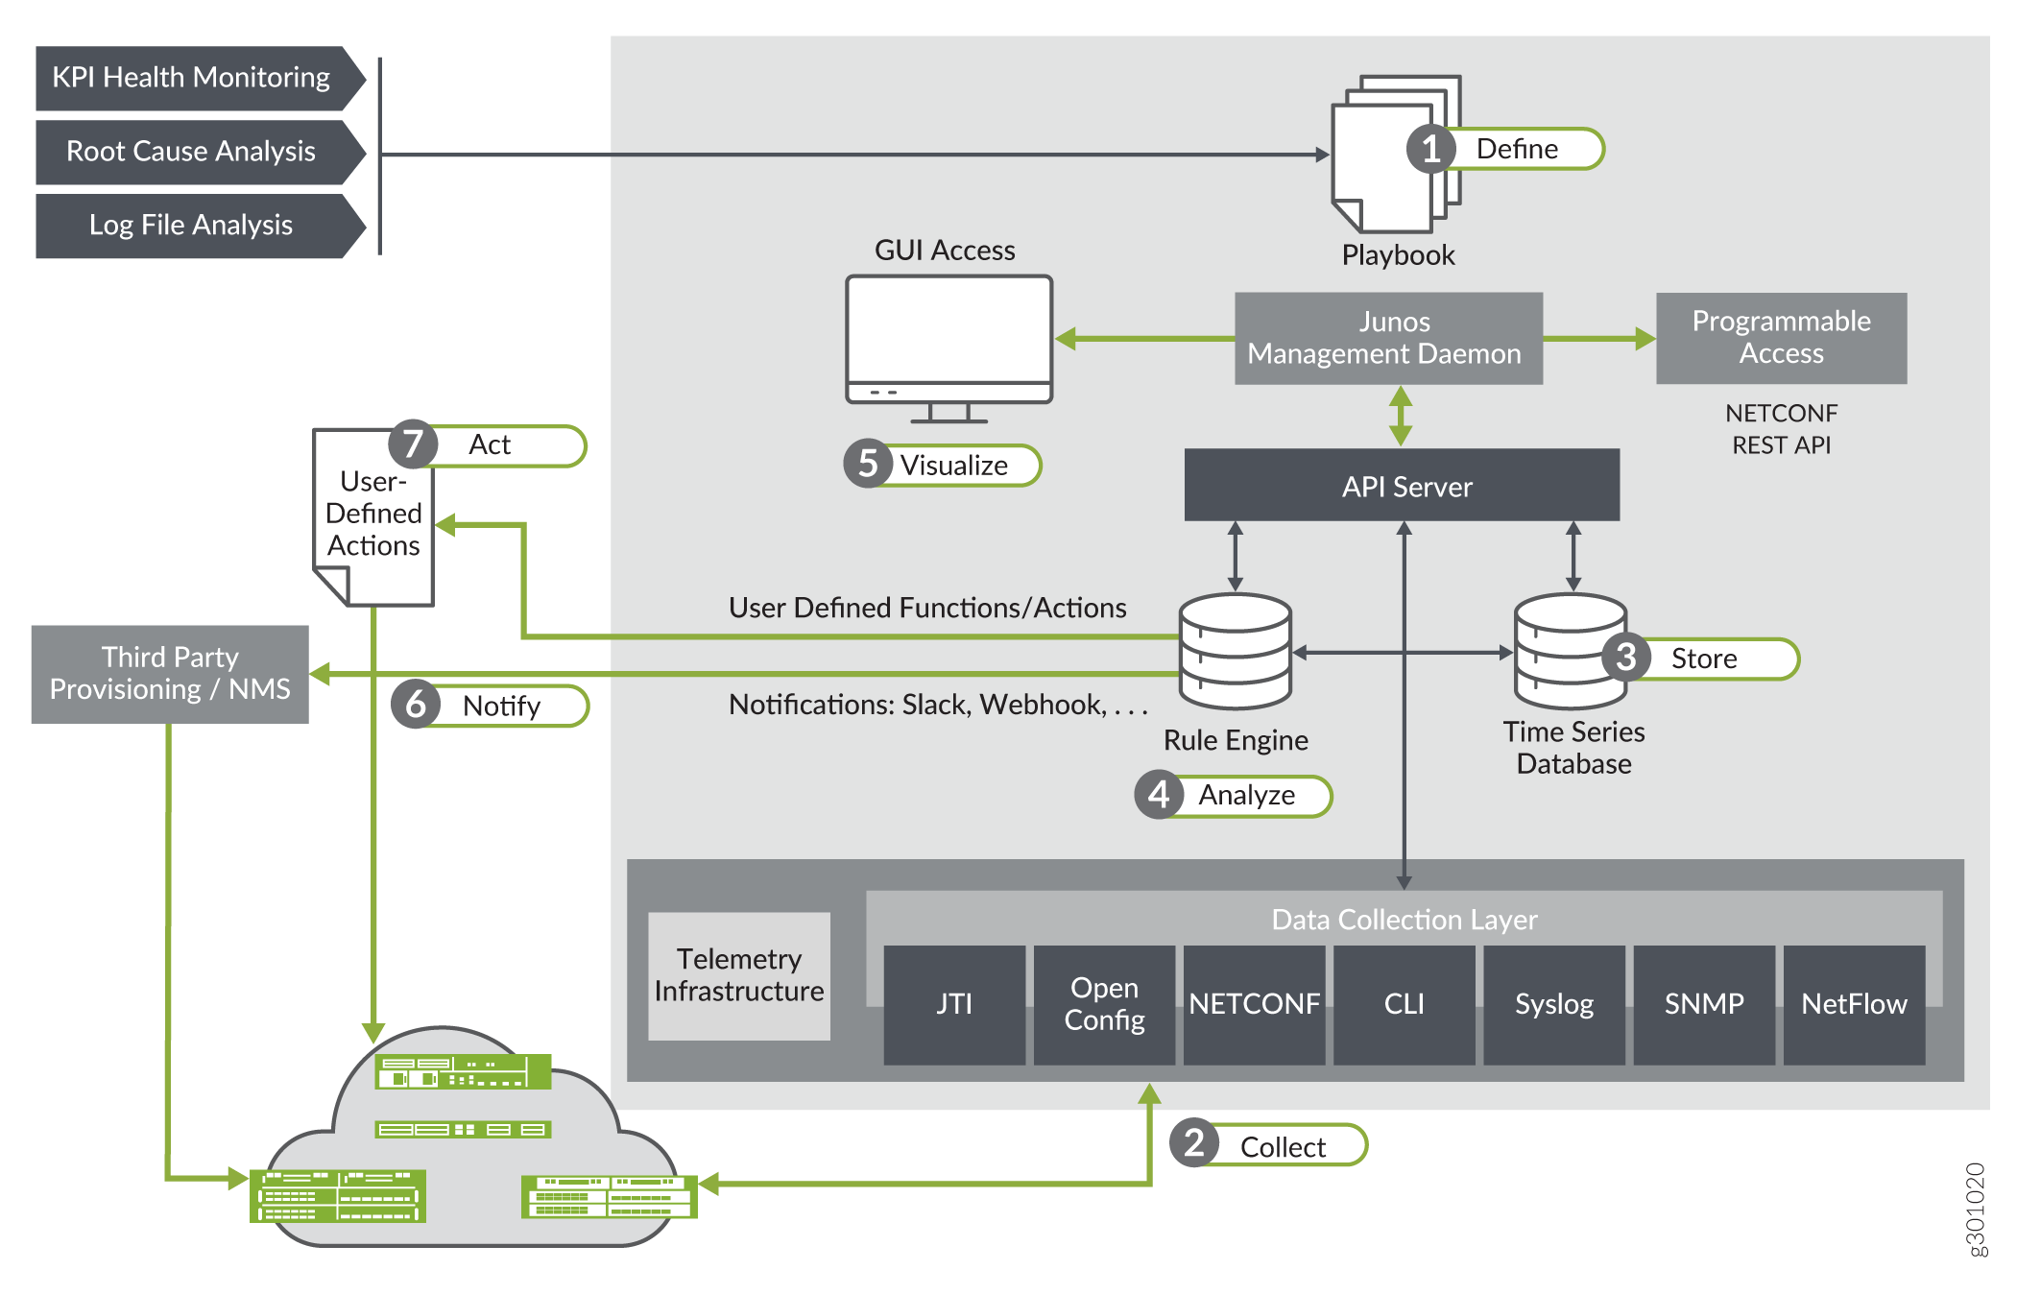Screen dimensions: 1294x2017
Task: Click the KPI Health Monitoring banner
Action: [192, 78]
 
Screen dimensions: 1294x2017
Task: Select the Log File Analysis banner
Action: [192, 226]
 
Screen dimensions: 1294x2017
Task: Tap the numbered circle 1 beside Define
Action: [1430, 150]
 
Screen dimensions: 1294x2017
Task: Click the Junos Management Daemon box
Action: [1387, 338]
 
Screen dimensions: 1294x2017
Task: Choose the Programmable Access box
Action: [1781, 338]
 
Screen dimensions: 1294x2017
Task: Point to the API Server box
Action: [1402, 486]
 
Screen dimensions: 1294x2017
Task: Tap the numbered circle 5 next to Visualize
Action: [868, 465]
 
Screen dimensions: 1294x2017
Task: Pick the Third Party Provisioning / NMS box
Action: [170, 674]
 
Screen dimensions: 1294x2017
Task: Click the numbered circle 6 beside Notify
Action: [415, 706]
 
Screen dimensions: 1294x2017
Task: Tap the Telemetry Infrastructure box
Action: [739, 975]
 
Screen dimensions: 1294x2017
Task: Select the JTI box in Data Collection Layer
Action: [954, 1004]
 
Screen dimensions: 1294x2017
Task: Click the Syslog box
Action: [1553, 1004]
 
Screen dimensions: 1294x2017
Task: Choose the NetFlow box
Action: [1854, 1004]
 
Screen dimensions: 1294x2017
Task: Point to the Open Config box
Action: [1104, 1004]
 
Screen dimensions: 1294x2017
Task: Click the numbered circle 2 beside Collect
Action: [1193, 1143]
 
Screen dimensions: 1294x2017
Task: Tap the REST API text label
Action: [1781, 445]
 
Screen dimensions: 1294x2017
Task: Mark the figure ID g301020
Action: [1974, 1209]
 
